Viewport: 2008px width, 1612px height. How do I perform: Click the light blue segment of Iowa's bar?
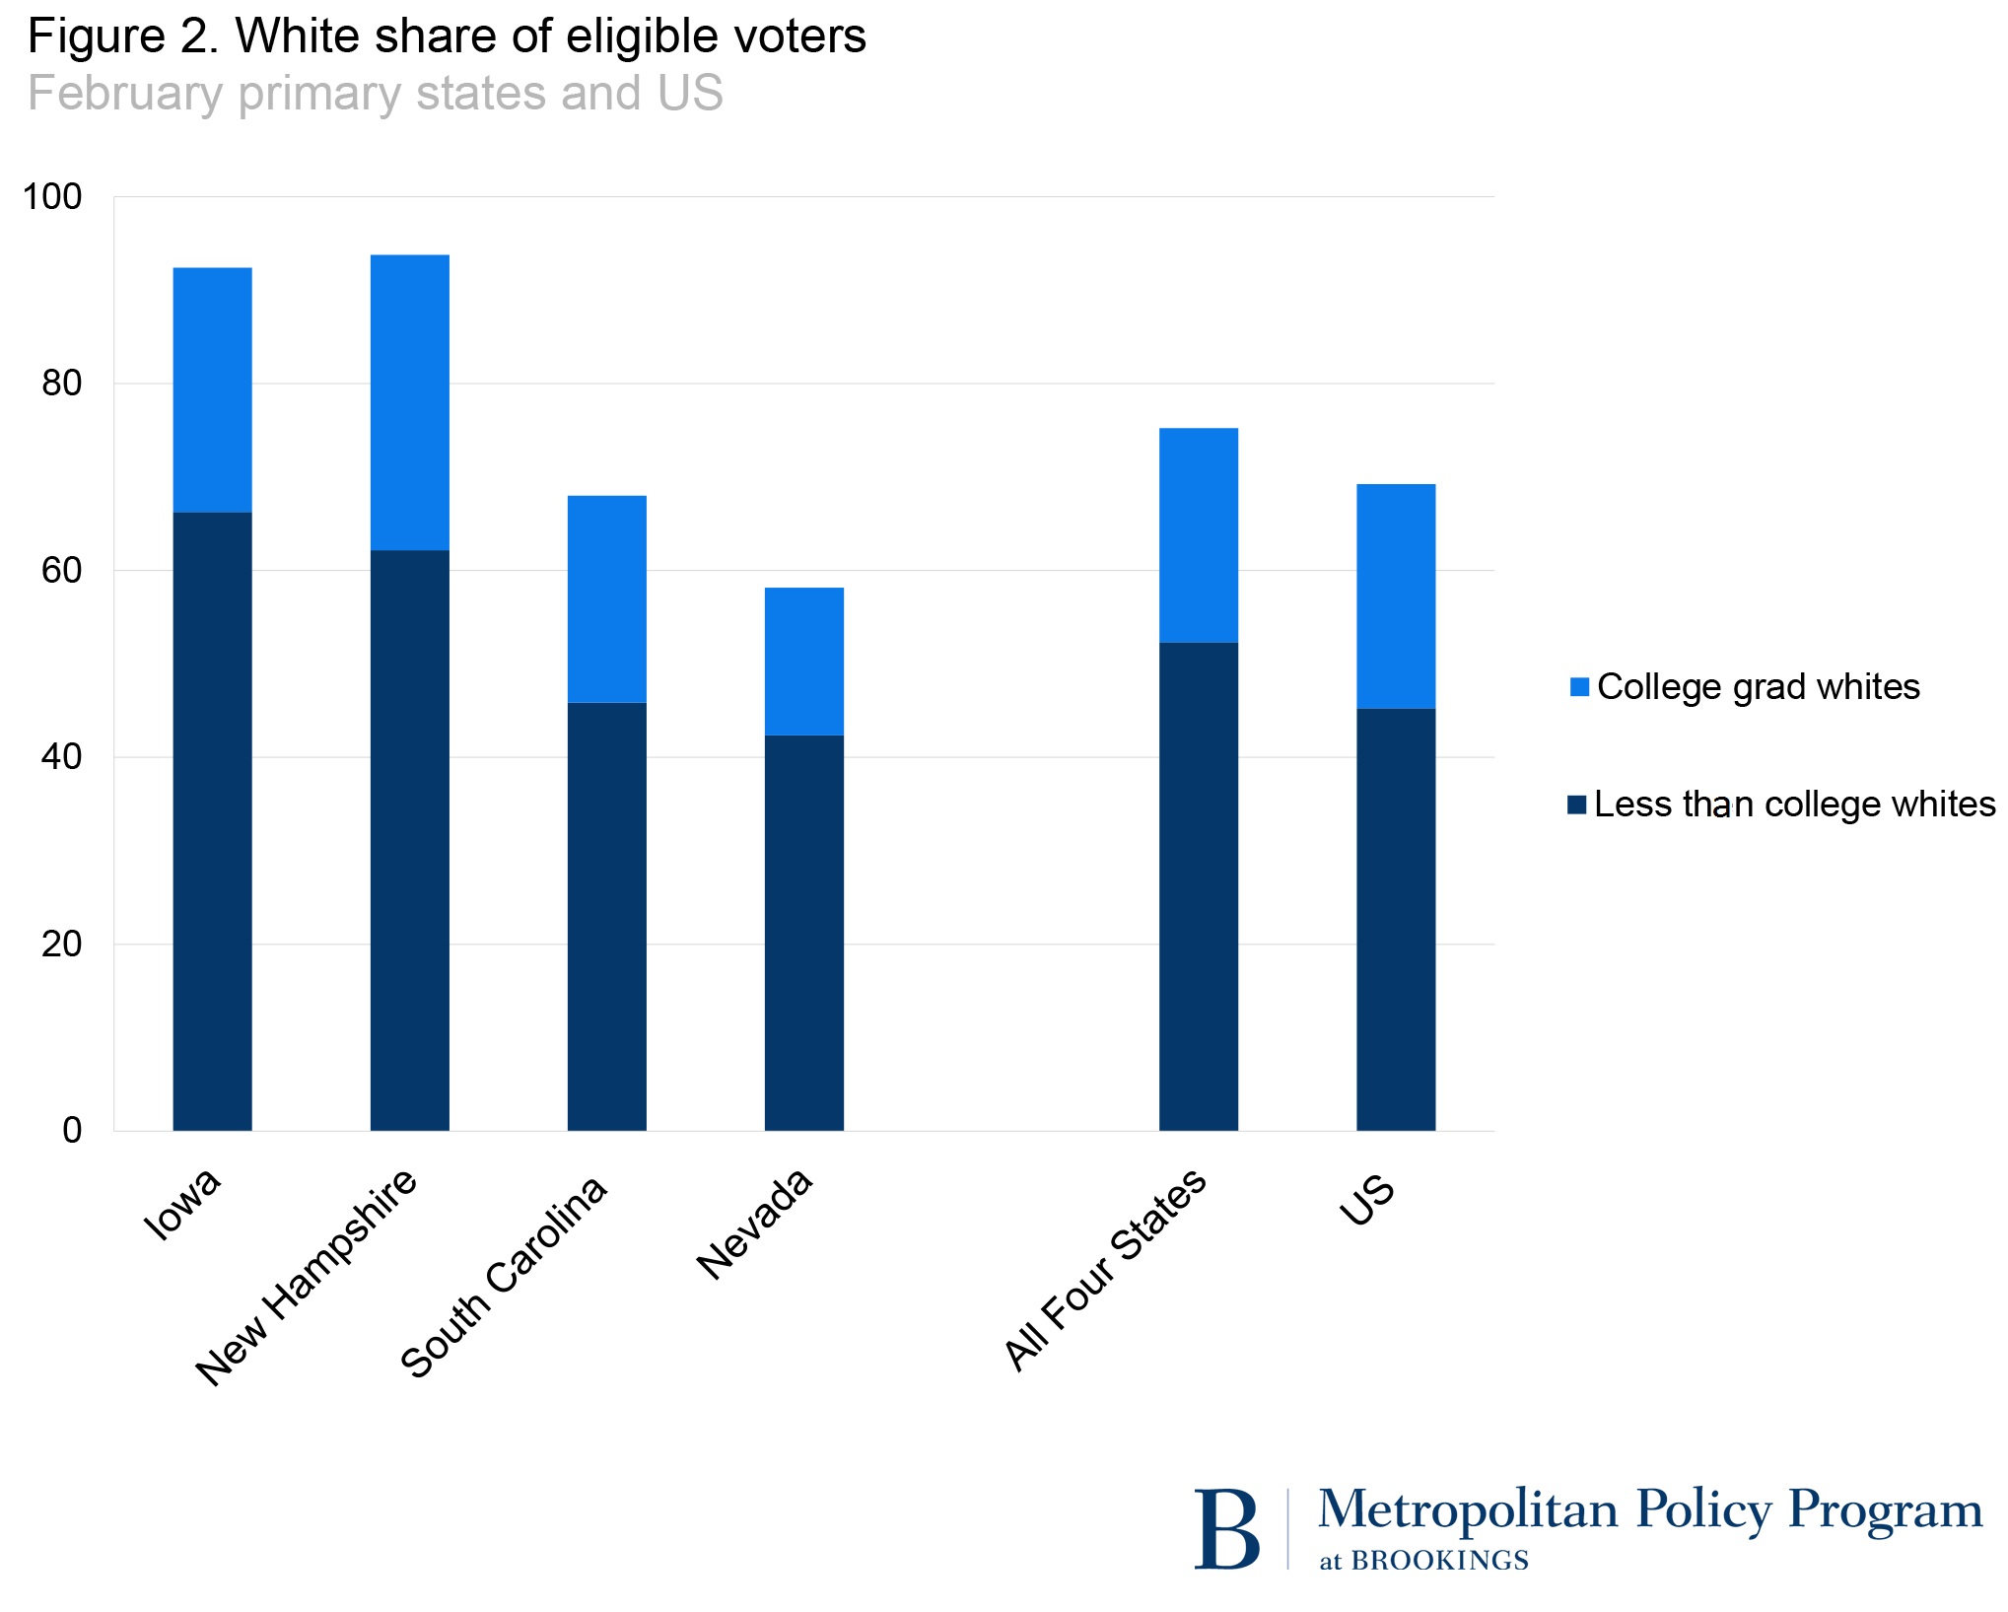pyautogui.click(x=212, y=389)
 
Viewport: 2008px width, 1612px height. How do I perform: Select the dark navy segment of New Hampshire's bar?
pyautogui.click(x=409, y=839)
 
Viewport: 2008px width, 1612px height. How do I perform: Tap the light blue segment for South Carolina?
pyautogui.click(x=606, y=598)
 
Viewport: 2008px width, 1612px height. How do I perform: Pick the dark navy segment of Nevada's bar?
pyautogui.click(x=803, y=932)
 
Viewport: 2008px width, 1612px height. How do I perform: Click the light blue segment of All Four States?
pyautogui.click(x=1198, y=535)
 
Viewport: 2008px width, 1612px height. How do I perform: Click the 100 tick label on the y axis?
pyautogui.click(x=52, y=197)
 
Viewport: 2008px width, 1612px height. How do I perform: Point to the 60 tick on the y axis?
pyautogui.click(x=61, y=571)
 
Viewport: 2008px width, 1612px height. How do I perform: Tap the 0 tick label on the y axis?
pyautogui.click(x=71, y=1131)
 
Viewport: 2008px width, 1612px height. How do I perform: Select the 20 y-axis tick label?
pyautogui.click(x=61, y=945)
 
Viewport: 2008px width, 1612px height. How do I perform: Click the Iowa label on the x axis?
pyautogui.click(x=183, y=1205)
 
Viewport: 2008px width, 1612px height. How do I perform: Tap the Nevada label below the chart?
pyautogui.click(x=755, y=1224)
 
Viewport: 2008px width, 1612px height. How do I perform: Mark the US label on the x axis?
pyautogui.click(x=1368, y=1200)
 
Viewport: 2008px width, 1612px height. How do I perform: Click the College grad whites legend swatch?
pyautogui.click(x=1579, y=687)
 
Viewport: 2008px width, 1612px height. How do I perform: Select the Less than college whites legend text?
pyautogui.click(x=1794, y=805)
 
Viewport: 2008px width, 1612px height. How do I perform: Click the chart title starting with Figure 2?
pyautogui.click(x=447, y=37)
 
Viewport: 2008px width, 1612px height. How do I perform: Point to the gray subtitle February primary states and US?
pyautogui.click(x=375, y=94)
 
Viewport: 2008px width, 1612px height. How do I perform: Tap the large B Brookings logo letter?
pyautogui.click(x=1226, y=1529)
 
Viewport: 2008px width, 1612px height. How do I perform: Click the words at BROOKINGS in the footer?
pyautogui.click(x=1423, y=1561)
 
